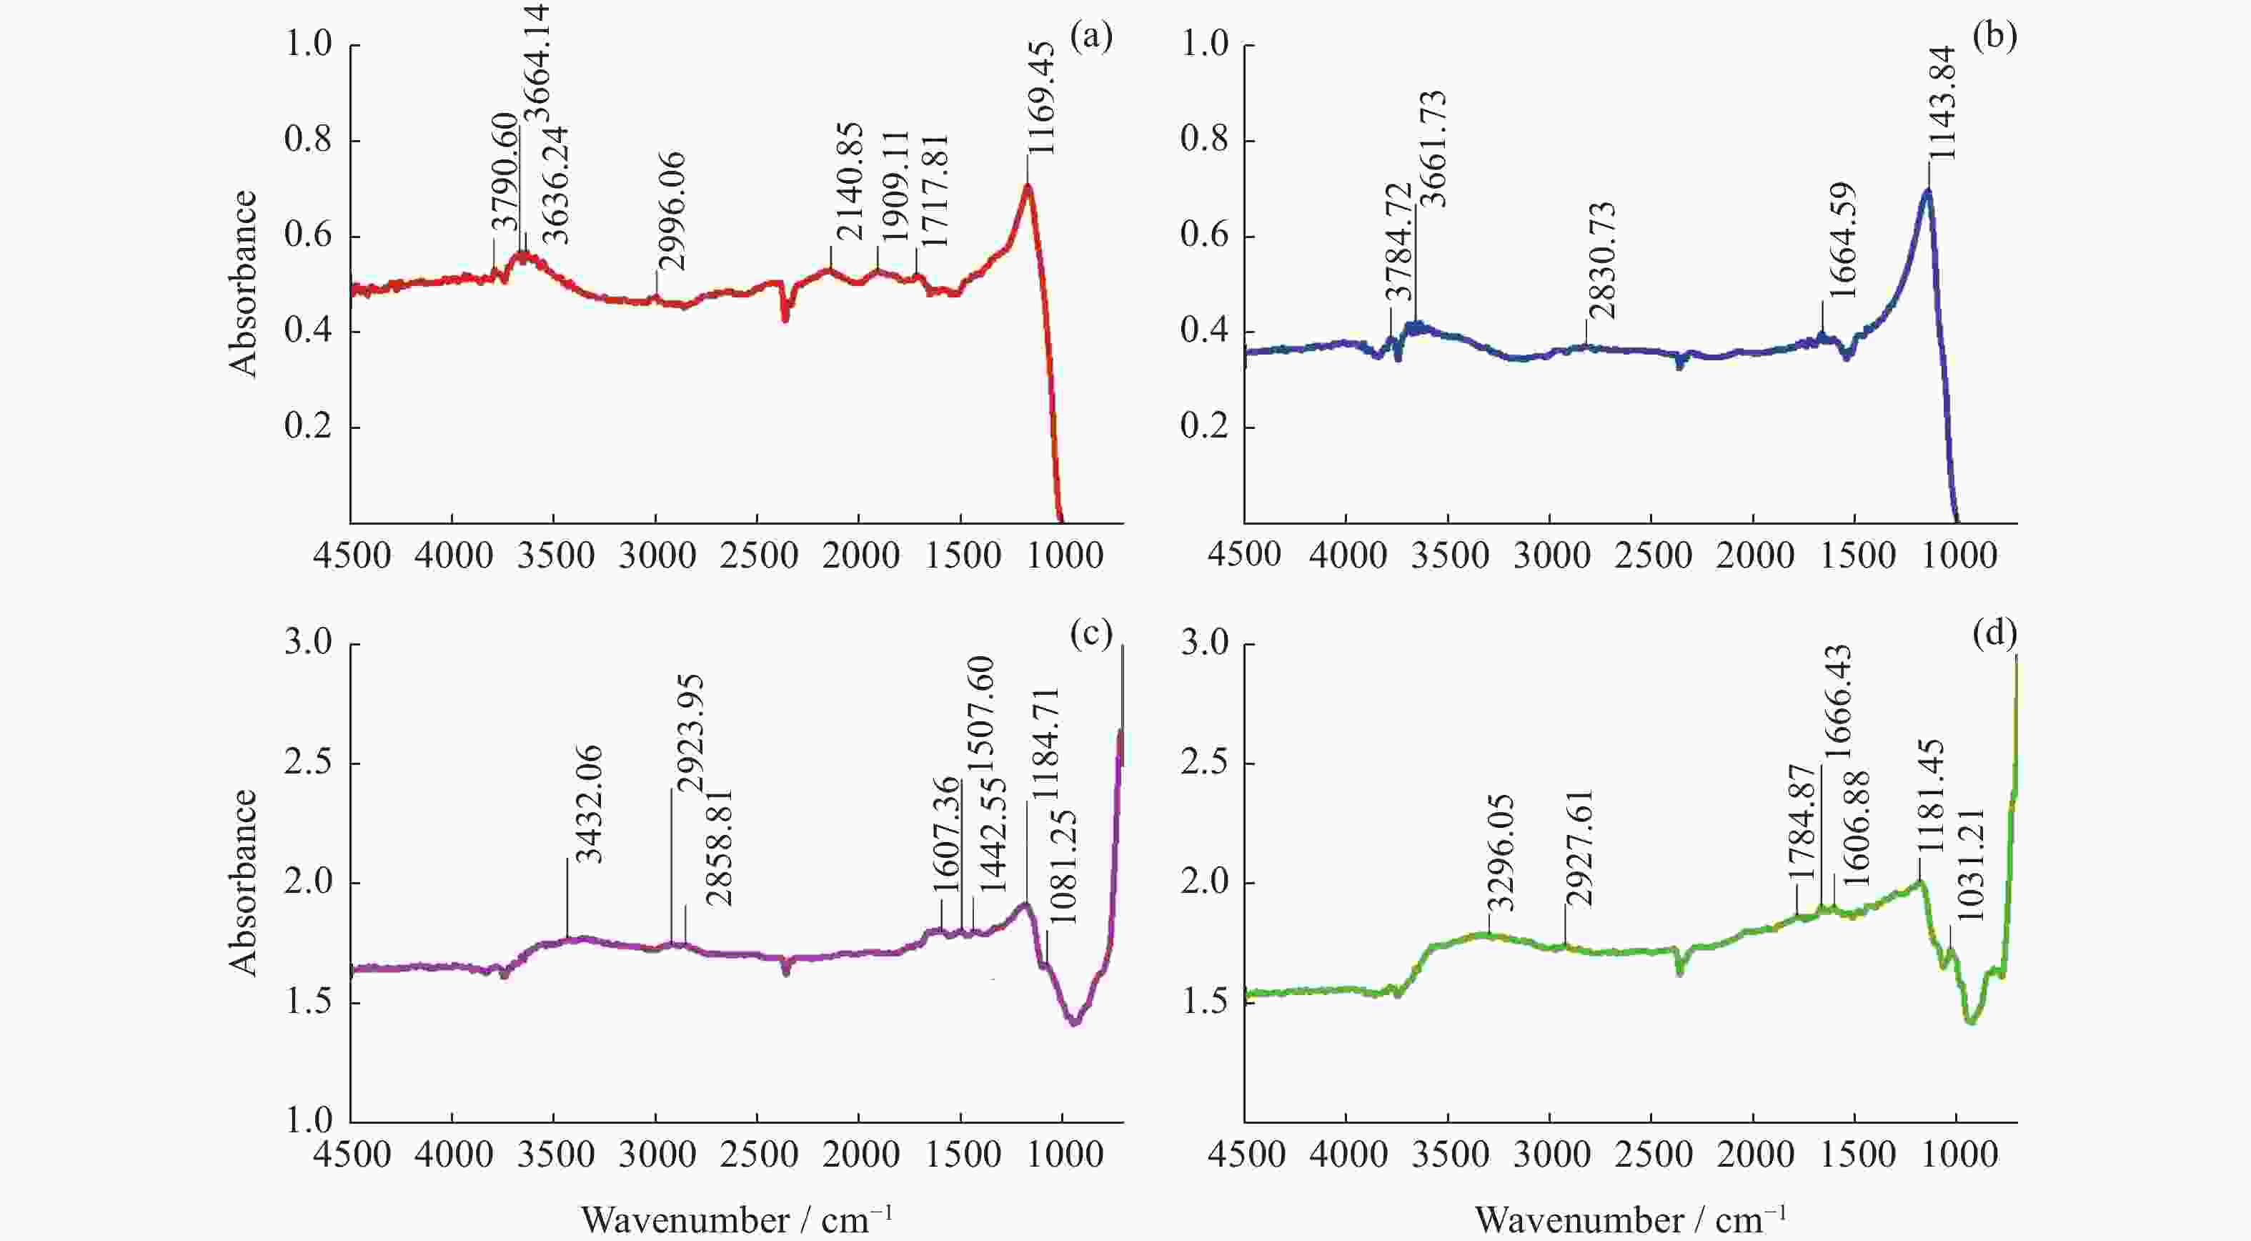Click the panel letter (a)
(x=1091, y=38)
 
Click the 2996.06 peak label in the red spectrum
(x=672, y=212)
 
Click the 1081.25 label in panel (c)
(x=1062, y=869)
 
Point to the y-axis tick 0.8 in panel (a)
(x=309, y=140)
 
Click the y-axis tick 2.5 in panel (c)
(x=309, y=763)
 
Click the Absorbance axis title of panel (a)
(x=243, y=283)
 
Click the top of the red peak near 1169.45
(x=1028, y=184)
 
